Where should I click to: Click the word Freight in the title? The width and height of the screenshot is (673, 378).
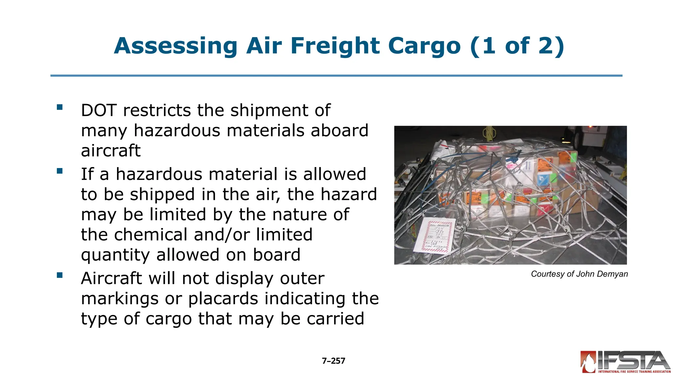tap(336, 46)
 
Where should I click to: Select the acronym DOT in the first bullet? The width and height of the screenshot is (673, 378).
tap(99, 110)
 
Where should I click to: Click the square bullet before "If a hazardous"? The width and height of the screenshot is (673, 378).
tap(59, 171)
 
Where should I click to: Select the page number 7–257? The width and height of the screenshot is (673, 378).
tap(334, 361)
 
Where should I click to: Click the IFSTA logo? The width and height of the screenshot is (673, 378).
tap(625, 362)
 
